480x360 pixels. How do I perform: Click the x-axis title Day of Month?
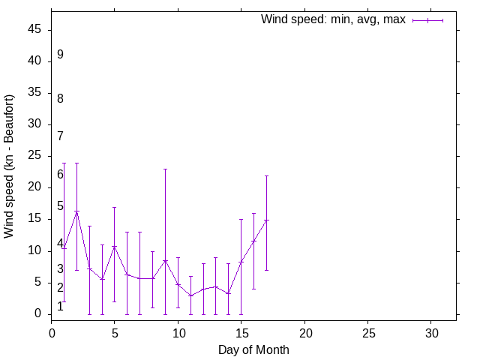click(x=253, y=349)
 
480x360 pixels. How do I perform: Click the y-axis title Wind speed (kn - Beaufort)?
click(x=10, y=166)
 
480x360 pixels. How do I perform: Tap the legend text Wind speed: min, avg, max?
click(x=333, y=19)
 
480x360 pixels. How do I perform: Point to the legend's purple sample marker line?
click(x=427, y=20)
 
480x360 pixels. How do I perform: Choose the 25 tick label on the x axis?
click(x=367, y=331)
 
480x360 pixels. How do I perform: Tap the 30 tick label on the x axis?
click(x=430, y=331)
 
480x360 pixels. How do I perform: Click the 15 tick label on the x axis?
click(x=241, y=331)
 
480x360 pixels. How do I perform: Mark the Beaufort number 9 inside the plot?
click(x=60, y=55)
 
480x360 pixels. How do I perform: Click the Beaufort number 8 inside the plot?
click(x=60, y=98)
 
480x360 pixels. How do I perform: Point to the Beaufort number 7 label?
click(x=60, y=136)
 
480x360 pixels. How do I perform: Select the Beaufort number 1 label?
click(x=60, y=307)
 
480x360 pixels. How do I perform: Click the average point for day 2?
click(x=76, y=212)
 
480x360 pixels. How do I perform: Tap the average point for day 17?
click(x=266, y=220)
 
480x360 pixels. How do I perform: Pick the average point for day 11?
click(x=190, y=295)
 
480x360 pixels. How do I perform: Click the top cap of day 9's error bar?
click(x=165, y=169)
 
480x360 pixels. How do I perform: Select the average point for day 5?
click(x=115, y=247)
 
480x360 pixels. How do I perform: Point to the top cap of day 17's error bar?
click(x=266, y=175)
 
